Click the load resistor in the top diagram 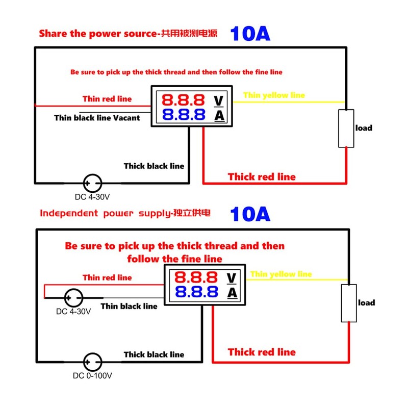pos(346,129)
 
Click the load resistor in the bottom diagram pos(349,303)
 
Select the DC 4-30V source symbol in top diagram pos(92,183)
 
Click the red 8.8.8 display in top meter pos(183,99)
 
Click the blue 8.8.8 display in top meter pos(183,114)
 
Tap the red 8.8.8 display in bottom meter pos(196,278)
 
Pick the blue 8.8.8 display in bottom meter pos(196,292)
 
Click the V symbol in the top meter pos(219,99)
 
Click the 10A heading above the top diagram pos(250,34)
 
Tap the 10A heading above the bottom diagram pos(250,214)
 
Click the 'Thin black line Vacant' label pos(97,118)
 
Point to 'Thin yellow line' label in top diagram pos(274,95)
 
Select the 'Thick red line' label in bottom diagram pos(261,352)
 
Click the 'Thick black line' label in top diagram pos(154,166)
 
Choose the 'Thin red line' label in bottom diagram pos(107,277)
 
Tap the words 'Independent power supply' pos(103,214)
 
